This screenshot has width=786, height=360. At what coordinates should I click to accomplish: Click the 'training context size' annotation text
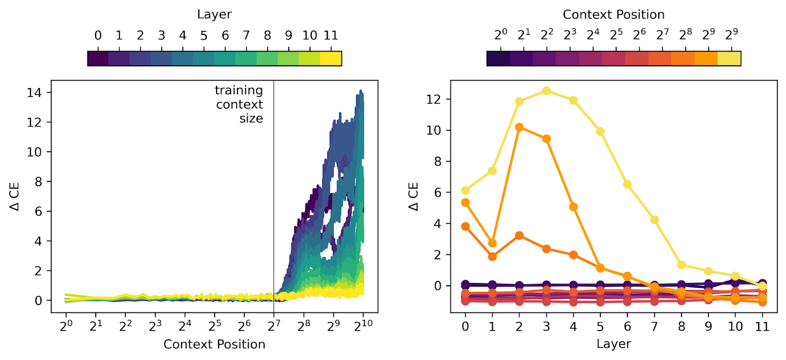tap(239, 104)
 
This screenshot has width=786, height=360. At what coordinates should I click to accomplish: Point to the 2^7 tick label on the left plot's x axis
tap(274, 326)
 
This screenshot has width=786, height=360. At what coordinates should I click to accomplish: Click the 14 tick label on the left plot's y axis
tap(34, 92)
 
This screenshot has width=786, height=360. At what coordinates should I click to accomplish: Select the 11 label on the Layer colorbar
tap(331, 35)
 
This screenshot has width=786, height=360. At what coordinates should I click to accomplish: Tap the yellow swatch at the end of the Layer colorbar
tap(331, 58)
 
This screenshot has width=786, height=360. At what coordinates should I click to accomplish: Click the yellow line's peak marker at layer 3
tap(546, 91)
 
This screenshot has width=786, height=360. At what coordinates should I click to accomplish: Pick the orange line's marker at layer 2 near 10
tap(519, 128)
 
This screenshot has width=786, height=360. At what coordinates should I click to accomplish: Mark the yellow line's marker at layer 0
tap(465, 191)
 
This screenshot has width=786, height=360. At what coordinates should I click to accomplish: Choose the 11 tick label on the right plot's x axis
tap(762, 327)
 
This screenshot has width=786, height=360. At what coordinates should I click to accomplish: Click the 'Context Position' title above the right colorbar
tap(614, 15)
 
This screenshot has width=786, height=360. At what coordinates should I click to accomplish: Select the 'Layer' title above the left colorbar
tap(214, 15)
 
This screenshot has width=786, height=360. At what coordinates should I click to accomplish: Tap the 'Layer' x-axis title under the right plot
tap(614, 344)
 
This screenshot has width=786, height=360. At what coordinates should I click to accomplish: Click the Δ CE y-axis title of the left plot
tap(15, 196)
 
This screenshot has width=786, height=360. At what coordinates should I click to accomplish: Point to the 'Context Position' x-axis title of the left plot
tap(214, 344)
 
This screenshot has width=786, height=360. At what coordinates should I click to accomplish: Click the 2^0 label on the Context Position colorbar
tap(501, 35)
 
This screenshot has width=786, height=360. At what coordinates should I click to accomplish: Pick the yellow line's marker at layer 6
tap(627, 185)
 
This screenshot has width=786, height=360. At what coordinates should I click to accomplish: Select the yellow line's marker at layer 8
tap(681, 265)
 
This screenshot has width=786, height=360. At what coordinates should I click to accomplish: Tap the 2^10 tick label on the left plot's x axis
tap(364, 326)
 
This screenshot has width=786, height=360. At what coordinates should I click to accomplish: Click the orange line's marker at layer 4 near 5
tap(573, 207)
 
